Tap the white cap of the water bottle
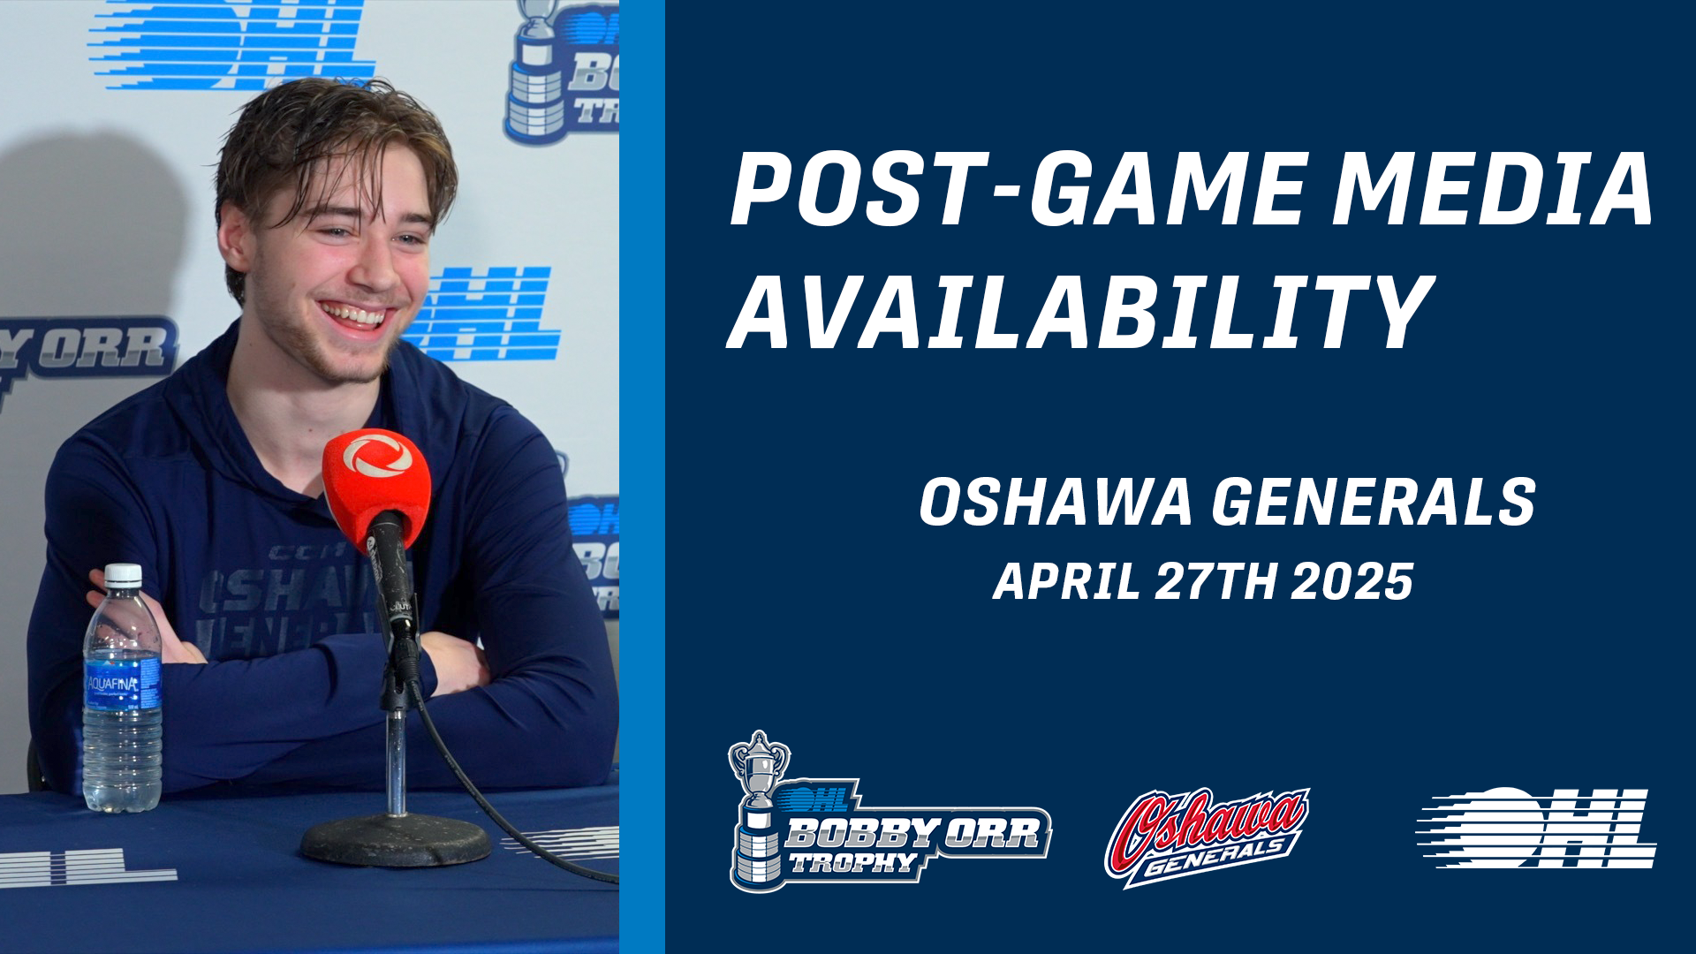point(123,575)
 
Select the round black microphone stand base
point(395,840)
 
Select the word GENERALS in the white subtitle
point(1374,502)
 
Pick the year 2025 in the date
point(1352,582)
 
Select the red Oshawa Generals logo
point(1207,836)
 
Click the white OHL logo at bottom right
point(1536,828)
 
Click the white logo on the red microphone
point(377,456)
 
